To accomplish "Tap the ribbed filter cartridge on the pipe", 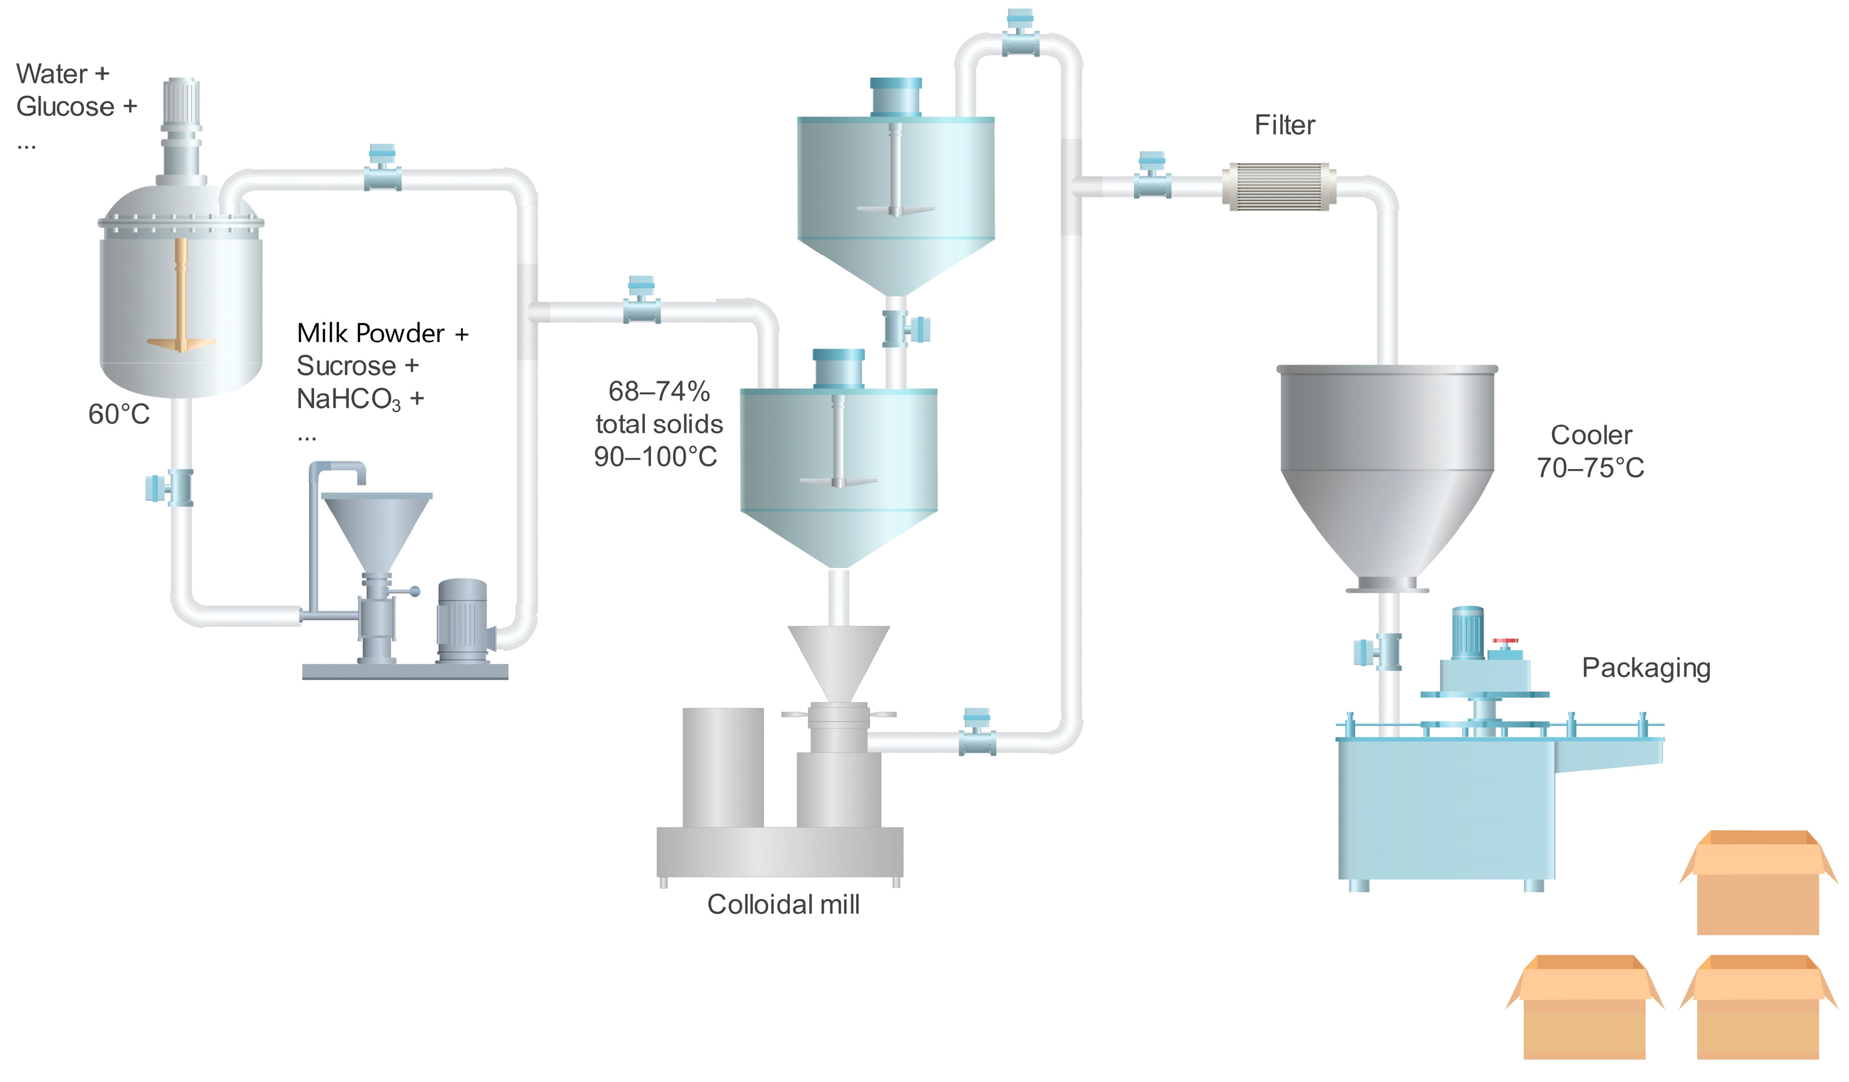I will (x=1278, y=187).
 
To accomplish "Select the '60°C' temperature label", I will (x=119, y=415).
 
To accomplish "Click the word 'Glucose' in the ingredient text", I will (x=65, y=107).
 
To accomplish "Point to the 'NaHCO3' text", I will (x=349, y=399).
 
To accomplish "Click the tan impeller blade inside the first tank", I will (x=181, y=342).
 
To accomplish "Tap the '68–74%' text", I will (x=659, y=392).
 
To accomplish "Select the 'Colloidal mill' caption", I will (x=783, y=905).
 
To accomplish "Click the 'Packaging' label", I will (x=1646, y=667).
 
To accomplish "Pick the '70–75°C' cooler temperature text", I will (x=1590, y=468).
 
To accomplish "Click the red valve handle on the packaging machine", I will (x=1505, y=642).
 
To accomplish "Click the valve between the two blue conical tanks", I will (x=906, y=328).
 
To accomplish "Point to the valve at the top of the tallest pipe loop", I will (x=1020, y=35).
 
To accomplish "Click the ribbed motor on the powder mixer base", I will (x=463, y=620).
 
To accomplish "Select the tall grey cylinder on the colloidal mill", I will (x=723, y=766).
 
